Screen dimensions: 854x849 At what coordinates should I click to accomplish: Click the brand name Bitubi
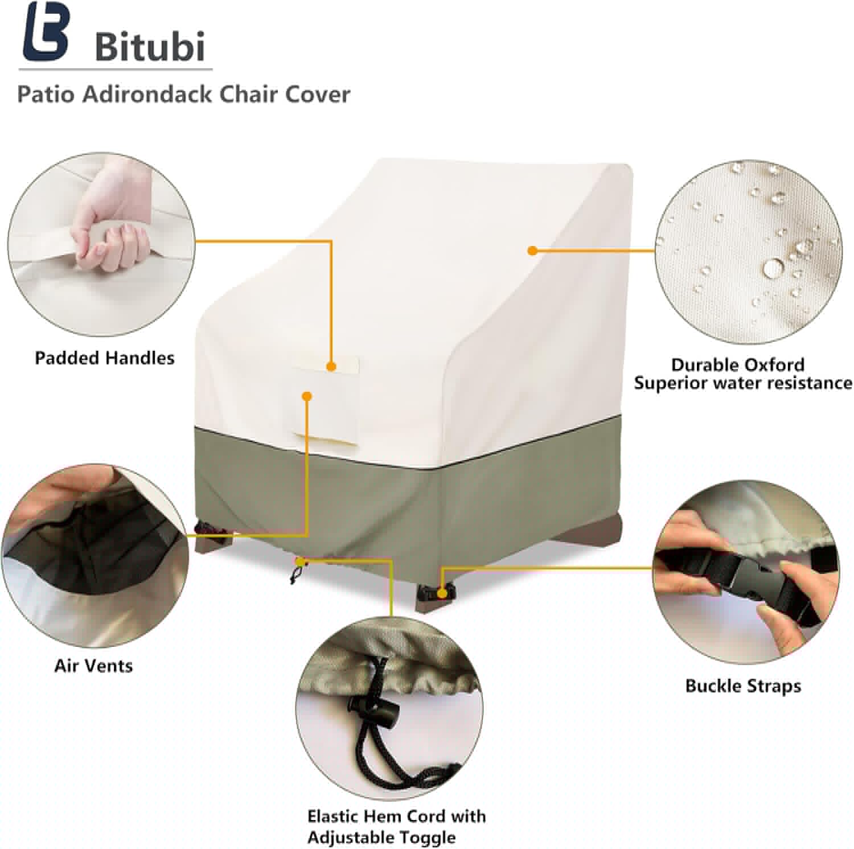click(150, 46)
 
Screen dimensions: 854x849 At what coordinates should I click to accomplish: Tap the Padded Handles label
click(105, 358)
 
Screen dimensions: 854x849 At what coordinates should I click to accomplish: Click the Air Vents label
click(93, 666)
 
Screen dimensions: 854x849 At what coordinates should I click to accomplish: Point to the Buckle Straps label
click(743, 686)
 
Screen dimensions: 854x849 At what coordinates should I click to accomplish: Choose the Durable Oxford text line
click(737, 364)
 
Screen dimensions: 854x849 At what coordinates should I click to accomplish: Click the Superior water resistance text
click(743, 383)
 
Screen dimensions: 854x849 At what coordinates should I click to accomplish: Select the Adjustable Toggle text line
click(381, 837)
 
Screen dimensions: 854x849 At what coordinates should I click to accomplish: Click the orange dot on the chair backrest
click(532, 250)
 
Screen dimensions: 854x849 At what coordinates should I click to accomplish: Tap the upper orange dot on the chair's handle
click(331, 367)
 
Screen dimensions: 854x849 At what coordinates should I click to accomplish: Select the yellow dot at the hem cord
click(300, 563)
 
